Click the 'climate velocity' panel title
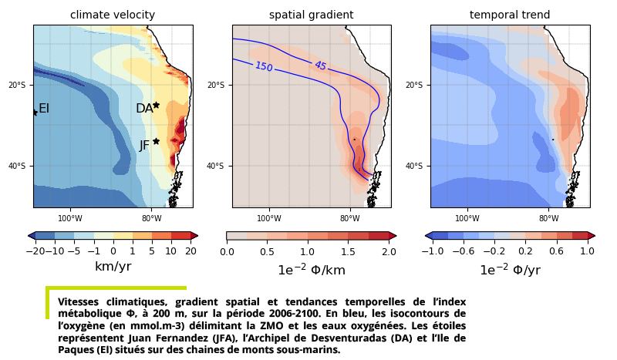pyautogui.click(x=113, y=15)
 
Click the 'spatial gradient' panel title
pyautogui.click(x=311, y=15)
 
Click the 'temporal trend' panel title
pyautogui.click(x=510, y=15)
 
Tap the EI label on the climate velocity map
pyautogui.click(x=44, y=109)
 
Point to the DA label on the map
pyautogui.click(x=144, y=109)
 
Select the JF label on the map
pyautogui.click(x=144, y=146)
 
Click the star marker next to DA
pyautogui.click(x=156, y=105)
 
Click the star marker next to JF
pyautogui.click(x=156, y=141)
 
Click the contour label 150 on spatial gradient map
pyautogui.click(x=264, y=67)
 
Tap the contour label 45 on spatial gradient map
pyautogui.click(x=320, y=66)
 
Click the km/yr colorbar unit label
pyautogui.click(x=113, y=267)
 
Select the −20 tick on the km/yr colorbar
pyautogui.click(x=35, y=251)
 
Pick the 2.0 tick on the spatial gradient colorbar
pyautogui.click(x=388, y=251)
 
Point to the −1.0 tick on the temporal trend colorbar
pyautogui.click(x=433, y=251)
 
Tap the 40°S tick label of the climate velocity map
pyautogui.click(x=19, y=167)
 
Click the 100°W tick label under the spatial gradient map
pyautogui.click(x=268, y=218)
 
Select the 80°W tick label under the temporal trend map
pyautogui.click(x=548, y=218)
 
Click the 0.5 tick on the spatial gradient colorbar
pyautogui.click(x=267, y=251)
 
